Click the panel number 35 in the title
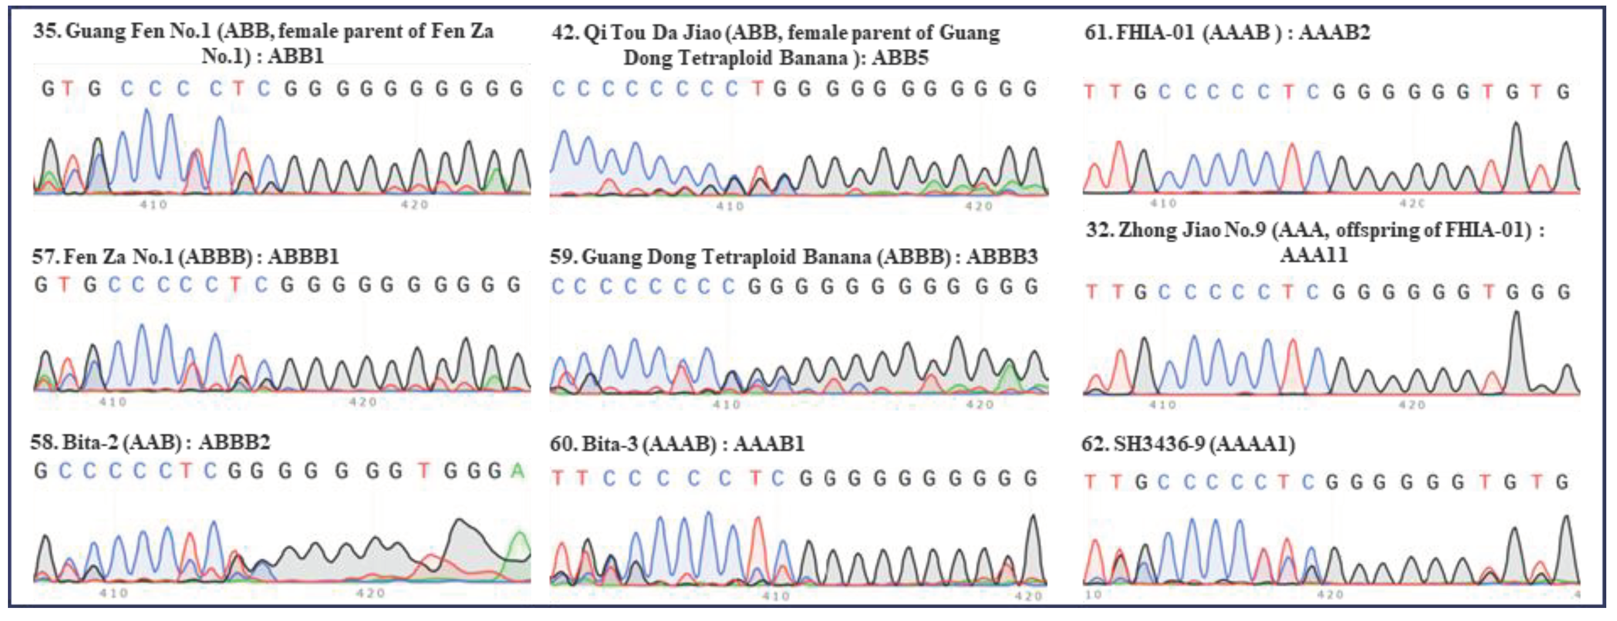click(46, 31)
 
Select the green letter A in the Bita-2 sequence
click(517, 470)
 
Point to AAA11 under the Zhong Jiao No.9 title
click(1314, 255)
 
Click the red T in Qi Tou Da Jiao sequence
click(758, 89)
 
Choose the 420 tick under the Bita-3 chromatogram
click(1028, 596)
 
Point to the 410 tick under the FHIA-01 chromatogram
click(1163, 204)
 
